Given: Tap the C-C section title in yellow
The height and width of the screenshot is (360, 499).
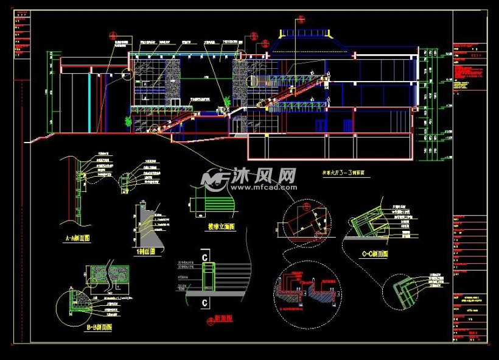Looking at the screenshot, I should [374, 254].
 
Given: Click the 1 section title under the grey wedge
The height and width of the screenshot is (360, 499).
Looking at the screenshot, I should [146, 251].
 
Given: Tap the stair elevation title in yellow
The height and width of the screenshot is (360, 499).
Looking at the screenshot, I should [221, 227].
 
